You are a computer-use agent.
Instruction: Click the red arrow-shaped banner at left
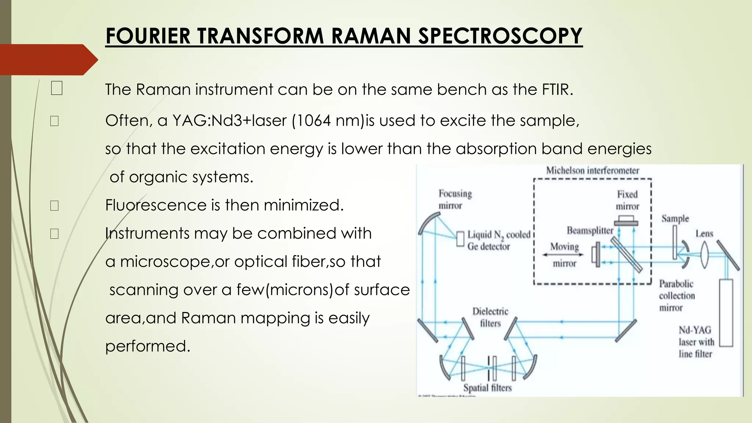coord(48,59)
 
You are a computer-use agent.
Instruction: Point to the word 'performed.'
coord(148,346)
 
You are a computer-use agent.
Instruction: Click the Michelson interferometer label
coord(592,170)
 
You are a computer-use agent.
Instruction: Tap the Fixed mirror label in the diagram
coord(627,200)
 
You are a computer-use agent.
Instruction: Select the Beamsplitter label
coord(590,231)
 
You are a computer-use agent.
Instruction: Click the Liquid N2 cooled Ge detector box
coord(460,239)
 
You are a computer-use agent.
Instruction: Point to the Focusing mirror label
coord(455,199)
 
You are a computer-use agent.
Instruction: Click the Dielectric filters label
coord(490,317)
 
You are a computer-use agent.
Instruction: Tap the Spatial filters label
coord(487,388)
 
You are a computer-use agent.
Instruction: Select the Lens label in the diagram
coord(704,234)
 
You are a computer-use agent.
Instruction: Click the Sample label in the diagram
coord(675,218)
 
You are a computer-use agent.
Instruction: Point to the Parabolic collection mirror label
coord(676,296)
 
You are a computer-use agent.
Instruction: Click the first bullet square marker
coord(57,88)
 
